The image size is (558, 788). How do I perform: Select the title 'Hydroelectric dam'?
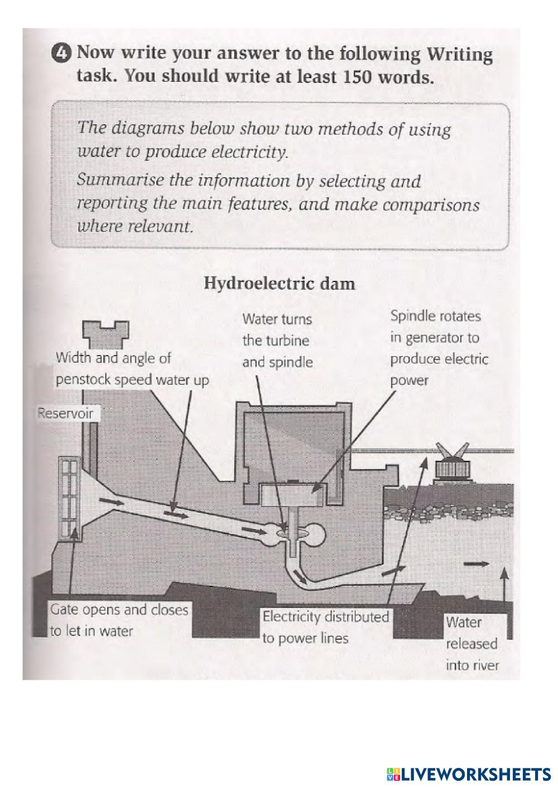pos(279,283)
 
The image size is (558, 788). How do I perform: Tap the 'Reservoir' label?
pos(65,414)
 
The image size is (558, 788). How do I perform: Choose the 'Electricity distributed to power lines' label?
pos(325,628)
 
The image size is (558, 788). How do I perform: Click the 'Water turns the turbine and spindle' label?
pos(277,341)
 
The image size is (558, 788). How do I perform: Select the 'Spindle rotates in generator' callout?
pos(439,348)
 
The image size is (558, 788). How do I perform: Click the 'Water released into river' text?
pos(472,644)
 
